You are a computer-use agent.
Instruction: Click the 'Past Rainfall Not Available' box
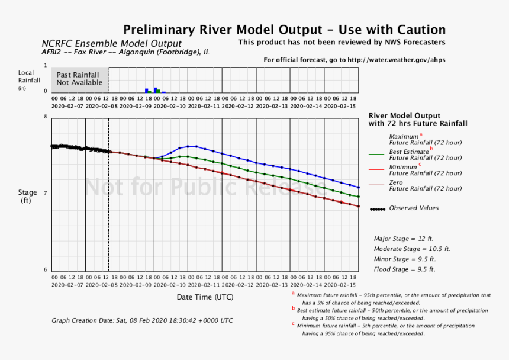[78, 79]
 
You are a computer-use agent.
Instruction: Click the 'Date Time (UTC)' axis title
[205, 296]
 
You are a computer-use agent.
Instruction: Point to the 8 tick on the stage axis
[45, 117]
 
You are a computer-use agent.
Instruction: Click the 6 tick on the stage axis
[45, 270]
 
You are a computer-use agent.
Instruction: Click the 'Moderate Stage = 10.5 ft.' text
[412, 249]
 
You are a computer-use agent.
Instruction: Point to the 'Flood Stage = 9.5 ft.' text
[404, 269]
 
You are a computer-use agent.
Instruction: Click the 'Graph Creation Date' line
[142, 320]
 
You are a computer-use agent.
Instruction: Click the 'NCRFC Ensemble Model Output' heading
[111, 44]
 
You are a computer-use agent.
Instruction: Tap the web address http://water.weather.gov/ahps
[397, 60]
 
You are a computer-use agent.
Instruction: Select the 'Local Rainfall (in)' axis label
[29, 80]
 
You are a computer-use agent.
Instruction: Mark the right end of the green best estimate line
[359, 196]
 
